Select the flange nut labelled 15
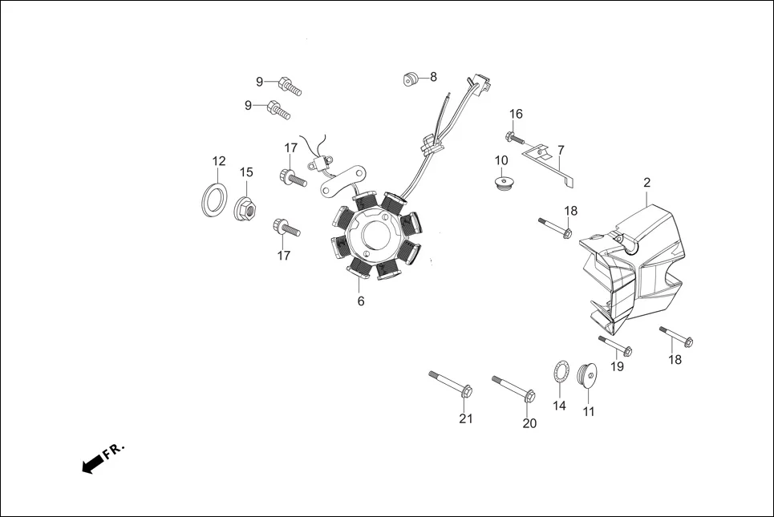246,211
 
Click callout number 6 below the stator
361,301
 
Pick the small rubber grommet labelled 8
411,79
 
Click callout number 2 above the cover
646,183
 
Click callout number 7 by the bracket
561,150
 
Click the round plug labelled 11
587,375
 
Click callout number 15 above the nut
246,172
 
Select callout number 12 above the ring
219,161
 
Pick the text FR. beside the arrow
114,450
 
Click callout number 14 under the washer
559,406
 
